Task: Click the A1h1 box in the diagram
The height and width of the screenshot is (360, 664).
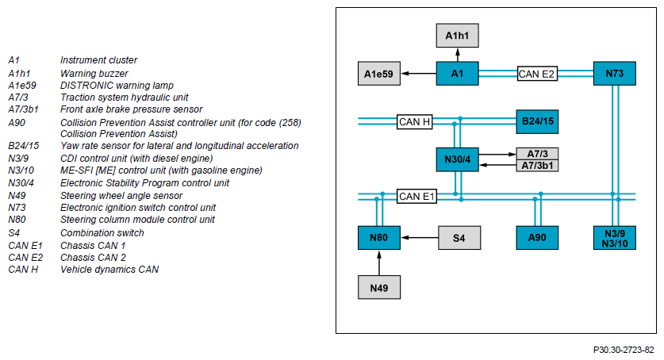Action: coord(458,36)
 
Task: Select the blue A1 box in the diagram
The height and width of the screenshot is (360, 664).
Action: coord(458,74)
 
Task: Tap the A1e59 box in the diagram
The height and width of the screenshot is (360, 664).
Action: coord(379,74)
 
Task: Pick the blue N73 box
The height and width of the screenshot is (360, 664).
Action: coord(615,74)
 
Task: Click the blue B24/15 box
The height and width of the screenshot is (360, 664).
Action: coord(537,122)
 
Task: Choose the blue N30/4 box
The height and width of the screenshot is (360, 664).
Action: coord(458,159)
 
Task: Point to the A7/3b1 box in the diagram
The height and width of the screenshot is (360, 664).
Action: coord(537,166)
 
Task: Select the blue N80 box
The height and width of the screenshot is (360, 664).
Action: coord(379,238)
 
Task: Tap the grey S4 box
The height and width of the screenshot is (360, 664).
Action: coord(459,238)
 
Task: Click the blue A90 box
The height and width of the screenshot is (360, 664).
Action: coord(537,238)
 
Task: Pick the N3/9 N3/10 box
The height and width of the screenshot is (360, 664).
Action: coord(615,238)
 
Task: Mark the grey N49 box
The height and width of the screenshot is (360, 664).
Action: coord(379,288)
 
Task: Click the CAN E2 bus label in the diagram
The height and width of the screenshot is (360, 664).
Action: coord(537,74)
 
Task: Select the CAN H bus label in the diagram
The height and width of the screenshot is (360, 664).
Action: coord(415,122)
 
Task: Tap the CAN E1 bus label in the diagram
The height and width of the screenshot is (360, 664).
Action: coord(416,197)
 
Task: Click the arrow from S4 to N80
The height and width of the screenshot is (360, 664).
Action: coord(419,238)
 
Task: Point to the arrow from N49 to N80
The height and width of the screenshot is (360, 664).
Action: coord(379,262)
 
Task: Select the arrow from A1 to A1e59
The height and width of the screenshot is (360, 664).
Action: coord(418,74)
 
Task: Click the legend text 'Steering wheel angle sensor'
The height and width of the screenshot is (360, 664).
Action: coord(121,196)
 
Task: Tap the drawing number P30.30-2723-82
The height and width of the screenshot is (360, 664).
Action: coord(624,350)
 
